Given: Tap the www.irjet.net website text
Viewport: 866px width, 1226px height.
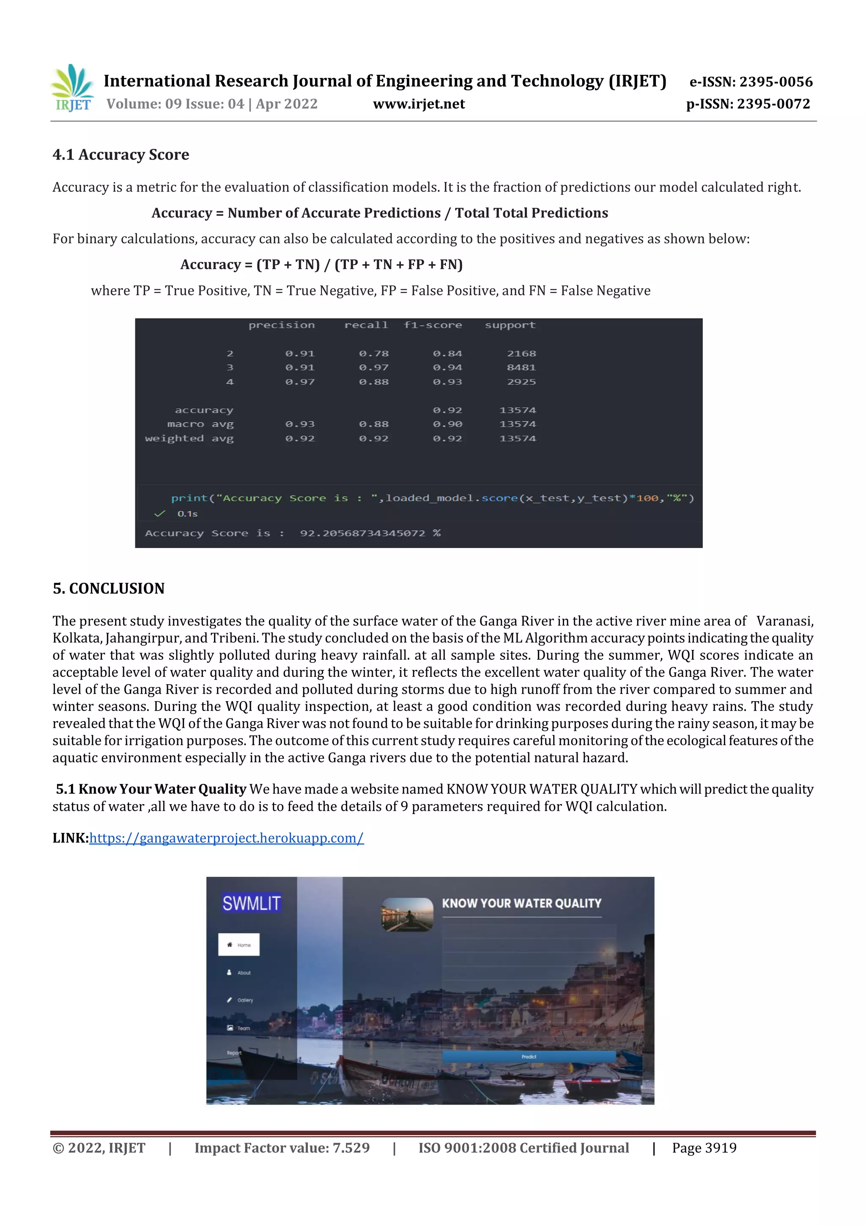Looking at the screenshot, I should [x=419, y=104].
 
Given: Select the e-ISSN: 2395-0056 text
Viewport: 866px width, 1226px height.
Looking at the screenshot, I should [x=751, y=82].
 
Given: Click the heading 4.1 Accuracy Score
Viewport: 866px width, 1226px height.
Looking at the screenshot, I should [x=121, y=155].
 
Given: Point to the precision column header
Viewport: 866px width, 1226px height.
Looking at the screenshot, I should [x=281, y=325].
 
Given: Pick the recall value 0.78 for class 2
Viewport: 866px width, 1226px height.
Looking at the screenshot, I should [x=373, y=353].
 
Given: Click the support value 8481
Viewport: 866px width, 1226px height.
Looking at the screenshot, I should [x=521, y=367].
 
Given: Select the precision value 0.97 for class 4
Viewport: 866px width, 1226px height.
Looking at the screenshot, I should [x=299, y=382].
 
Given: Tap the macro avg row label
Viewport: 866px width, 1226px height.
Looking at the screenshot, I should [x=200, y=424].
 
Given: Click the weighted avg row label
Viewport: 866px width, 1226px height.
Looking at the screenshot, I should [x=189, y=438].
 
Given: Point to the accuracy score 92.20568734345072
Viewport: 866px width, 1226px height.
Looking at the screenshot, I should [x=362, y=533].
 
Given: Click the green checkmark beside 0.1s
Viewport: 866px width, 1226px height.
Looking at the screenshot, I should [x=159, y=514].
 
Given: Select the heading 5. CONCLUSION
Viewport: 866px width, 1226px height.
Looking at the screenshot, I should [x=108, y=588].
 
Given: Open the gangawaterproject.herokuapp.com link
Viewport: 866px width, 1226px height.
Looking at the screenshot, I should [x=226, y=838].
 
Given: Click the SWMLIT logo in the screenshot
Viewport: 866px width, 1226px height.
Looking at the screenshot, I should [x=251, y=904].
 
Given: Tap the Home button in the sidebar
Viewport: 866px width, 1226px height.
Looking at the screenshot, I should [x=238, y=945].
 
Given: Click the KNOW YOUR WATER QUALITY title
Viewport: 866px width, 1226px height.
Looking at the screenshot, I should [x=521, y=904].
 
